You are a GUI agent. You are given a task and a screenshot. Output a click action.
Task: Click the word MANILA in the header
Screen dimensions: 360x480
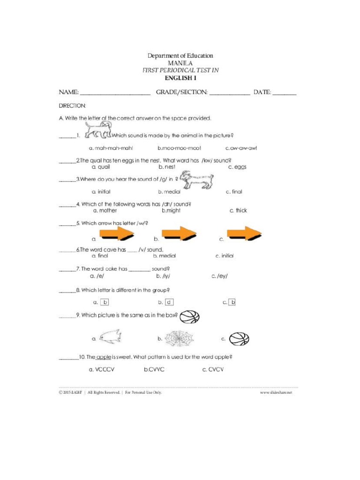point(180,63)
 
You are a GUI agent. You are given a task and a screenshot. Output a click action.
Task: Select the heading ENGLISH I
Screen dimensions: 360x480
point(180,78)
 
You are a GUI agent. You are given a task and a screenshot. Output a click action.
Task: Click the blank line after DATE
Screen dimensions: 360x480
point(285,93)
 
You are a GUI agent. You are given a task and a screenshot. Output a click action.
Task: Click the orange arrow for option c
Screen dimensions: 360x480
point(244,233)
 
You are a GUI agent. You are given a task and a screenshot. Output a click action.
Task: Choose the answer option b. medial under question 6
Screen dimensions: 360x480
point(165,256)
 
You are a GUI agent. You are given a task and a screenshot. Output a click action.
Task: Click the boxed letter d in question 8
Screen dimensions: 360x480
point(169,302)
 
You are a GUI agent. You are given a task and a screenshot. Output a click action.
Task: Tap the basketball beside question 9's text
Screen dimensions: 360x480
point(189,317)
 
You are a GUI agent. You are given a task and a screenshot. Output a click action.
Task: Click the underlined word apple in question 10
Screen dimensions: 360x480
point(104,357)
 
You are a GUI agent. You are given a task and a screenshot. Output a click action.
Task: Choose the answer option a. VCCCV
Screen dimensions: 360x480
point(102,369)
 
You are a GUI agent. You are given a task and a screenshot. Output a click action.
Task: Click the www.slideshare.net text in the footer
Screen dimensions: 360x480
point(276,392)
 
